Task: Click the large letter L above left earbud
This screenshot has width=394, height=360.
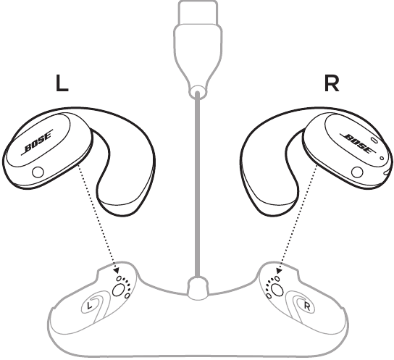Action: tap(62, 83)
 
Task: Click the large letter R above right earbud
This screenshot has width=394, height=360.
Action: tap(332, 83)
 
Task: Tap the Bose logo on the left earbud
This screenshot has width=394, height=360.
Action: tap(37, 142)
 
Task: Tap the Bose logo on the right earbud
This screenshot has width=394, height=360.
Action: tap(358, 143)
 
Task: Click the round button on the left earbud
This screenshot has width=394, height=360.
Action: tap(38, 172)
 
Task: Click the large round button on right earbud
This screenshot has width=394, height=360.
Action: tap(357, 172)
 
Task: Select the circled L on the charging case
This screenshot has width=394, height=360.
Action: tap(88, 306)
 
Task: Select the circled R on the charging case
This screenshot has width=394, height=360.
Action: tap(307, 306)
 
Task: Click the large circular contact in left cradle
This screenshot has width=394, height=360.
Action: tap(118, 290)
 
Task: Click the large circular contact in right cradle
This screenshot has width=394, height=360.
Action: tap(277, 290)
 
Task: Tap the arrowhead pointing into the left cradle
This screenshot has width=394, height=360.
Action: tap(117, 271)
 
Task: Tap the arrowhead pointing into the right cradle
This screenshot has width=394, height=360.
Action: tap(278, 271)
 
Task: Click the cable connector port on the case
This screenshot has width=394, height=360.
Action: tap(198, 288)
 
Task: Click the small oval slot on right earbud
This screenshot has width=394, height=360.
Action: tap(374, 140)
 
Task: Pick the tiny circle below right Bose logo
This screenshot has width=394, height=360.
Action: tap(382, 158)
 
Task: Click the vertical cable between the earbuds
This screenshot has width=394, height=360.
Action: tap(198, 185)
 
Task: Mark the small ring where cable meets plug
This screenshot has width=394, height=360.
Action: tap(198, 91)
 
